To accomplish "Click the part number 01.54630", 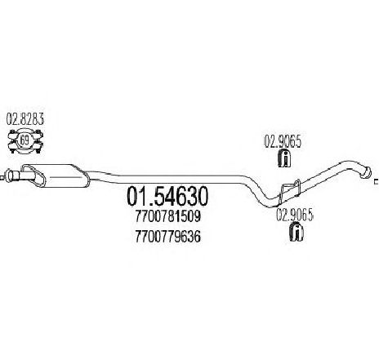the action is (167, 196).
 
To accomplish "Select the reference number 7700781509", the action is (168, 217).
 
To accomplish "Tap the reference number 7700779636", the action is (168, 237).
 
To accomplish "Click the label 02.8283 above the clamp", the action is (25, 119).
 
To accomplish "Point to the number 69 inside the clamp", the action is (25, 140).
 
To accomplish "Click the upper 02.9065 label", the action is (283, 142).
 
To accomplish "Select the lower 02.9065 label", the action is (295, 216).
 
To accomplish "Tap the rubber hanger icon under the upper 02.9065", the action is (284, 158).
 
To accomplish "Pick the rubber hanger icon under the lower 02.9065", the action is (297, 232).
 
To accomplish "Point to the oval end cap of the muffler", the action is (33, 176).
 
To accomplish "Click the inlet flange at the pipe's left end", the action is (10, 176).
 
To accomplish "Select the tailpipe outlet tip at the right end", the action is (365, 172).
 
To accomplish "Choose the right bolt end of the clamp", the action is (38, 141).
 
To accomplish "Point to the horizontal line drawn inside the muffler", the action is (66, 177).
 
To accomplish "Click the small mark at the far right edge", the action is (377, 181).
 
